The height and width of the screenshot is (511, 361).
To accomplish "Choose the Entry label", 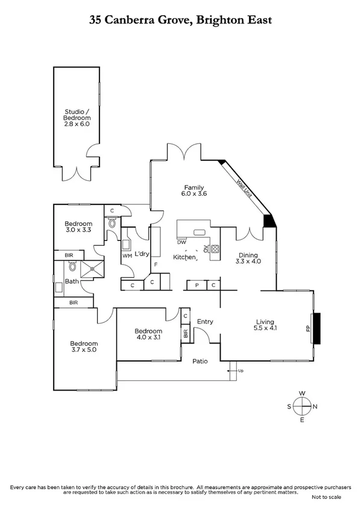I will pos(205,322).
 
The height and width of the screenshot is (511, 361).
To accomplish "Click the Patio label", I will pos(200,362).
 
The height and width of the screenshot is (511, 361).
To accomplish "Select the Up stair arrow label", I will pos(241,370).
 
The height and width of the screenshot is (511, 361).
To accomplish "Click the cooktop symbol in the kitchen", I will pos(215,247).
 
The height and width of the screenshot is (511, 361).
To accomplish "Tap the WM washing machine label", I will pos(127,256).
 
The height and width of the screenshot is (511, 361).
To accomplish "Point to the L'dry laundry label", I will pos(142,254).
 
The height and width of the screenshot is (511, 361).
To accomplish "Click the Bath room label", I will pos(72,281).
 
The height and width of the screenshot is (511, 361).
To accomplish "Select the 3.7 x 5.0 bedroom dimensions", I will pos(84,350).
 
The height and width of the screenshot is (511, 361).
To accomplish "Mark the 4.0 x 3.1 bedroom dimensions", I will pos(148,338).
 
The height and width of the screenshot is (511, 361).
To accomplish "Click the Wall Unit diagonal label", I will pos(243,186).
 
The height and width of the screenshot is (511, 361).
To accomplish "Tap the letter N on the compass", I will pos(315,406).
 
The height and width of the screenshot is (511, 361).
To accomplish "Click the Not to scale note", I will pos(326,497).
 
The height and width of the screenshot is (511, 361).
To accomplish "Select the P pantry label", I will pos(196,284).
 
